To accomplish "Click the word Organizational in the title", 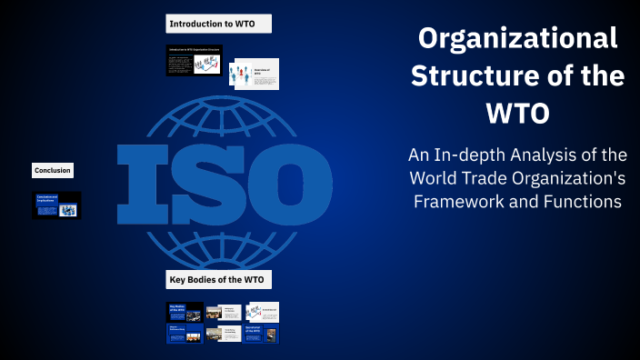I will (517, 39).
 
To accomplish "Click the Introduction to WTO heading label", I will (219, 24).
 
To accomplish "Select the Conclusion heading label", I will (53, 170).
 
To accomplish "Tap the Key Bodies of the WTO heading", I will (219, 279).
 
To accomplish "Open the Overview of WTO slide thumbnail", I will (255, 75).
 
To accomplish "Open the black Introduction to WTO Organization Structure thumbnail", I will (195, 61).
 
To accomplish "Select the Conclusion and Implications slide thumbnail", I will (57, 205).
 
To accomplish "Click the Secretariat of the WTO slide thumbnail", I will (261, 334).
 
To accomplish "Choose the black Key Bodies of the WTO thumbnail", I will (185, 311).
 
